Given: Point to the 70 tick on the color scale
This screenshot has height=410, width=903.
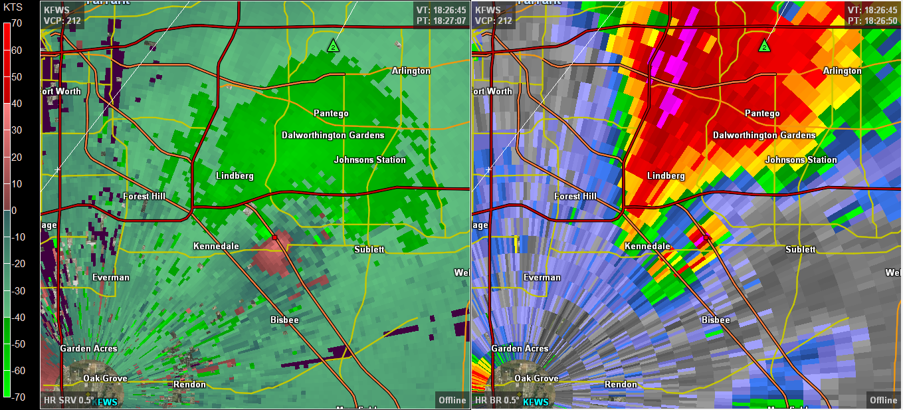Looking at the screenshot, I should (x=17, y=23).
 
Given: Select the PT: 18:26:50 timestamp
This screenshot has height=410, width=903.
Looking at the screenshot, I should (x=872, y=21).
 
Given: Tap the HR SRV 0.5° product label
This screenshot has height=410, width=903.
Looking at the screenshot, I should (x=68, y=400).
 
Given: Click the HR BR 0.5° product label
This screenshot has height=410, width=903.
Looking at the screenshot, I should (x=497, y=401).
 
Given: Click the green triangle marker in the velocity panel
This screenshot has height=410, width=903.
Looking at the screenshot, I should (x=333, y=46).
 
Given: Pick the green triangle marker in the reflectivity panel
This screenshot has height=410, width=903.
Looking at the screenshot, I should (x=764, y=46).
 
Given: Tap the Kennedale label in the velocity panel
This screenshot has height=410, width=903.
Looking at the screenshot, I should (x=216, y=247).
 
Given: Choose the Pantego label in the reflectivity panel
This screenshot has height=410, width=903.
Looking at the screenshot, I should (x=762, y=114).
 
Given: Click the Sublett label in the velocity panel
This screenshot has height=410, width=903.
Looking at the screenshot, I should (x=369, y=249).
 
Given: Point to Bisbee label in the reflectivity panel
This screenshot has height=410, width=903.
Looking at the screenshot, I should (x=716, y=320).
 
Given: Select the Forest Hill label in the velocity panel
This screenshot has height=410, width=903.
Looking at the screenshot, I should (x=144, y=196).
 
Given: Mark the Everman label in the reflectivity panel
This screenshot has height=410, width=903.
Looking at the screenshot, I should (x=542, y=277).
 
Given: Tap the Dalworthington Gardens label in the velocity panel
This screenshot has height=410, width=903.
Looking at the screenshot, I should (x=333, y=135).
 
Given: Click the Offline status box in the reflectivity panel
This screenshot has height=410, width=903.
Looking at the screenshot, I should (x=883, y=400).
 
